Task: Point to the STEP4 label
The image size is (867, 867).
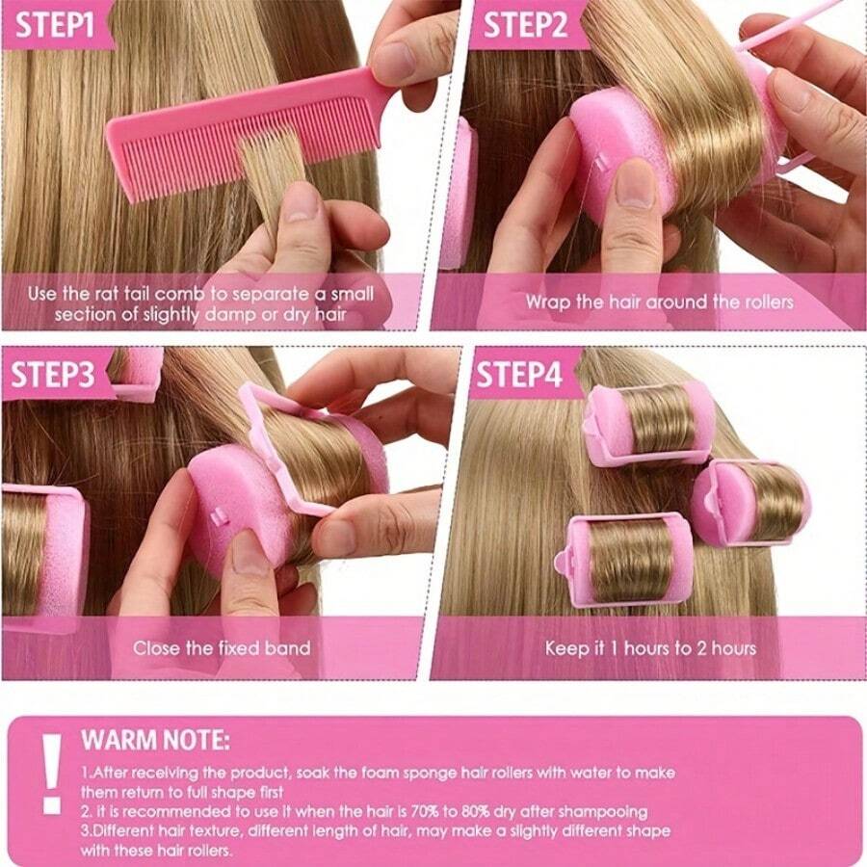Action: point(520,374)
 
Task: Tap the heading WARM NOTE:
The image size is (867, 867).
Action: point(155,741)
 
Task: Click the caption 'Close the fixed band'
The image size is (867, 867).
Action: point(222,647)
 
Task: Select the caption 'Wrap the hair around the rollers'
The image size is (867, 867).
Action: point(659,302)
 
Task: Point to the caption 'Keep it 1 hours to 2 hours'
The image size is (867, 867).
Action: point(650,647)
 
